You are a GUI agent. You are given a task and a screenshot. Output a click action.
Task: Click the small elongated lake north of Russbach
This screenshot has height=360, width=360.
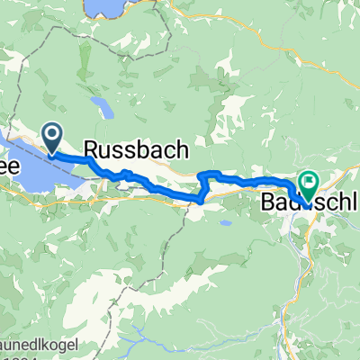point(105,109)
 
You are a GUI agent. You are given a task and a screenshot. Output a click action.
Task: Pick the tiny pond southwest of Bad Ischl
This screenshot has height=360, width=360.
point(227,222)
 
